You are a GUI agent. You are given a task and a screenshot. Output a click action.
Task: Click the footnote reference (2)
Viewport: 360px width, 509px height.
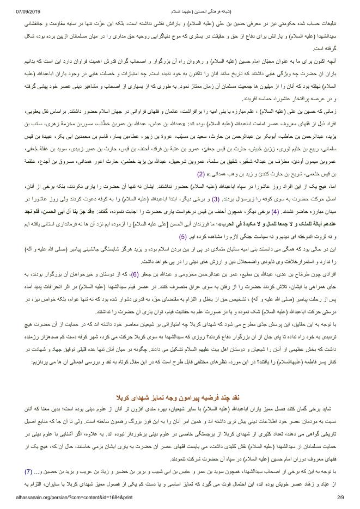click(x=200, y=189)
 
